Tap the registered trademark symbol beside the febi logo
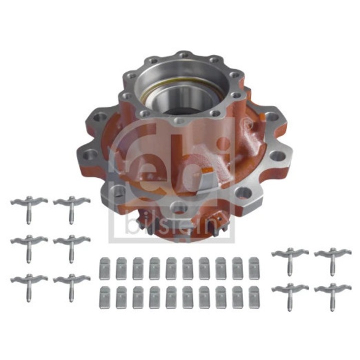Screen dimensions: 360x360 point(245,121)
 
